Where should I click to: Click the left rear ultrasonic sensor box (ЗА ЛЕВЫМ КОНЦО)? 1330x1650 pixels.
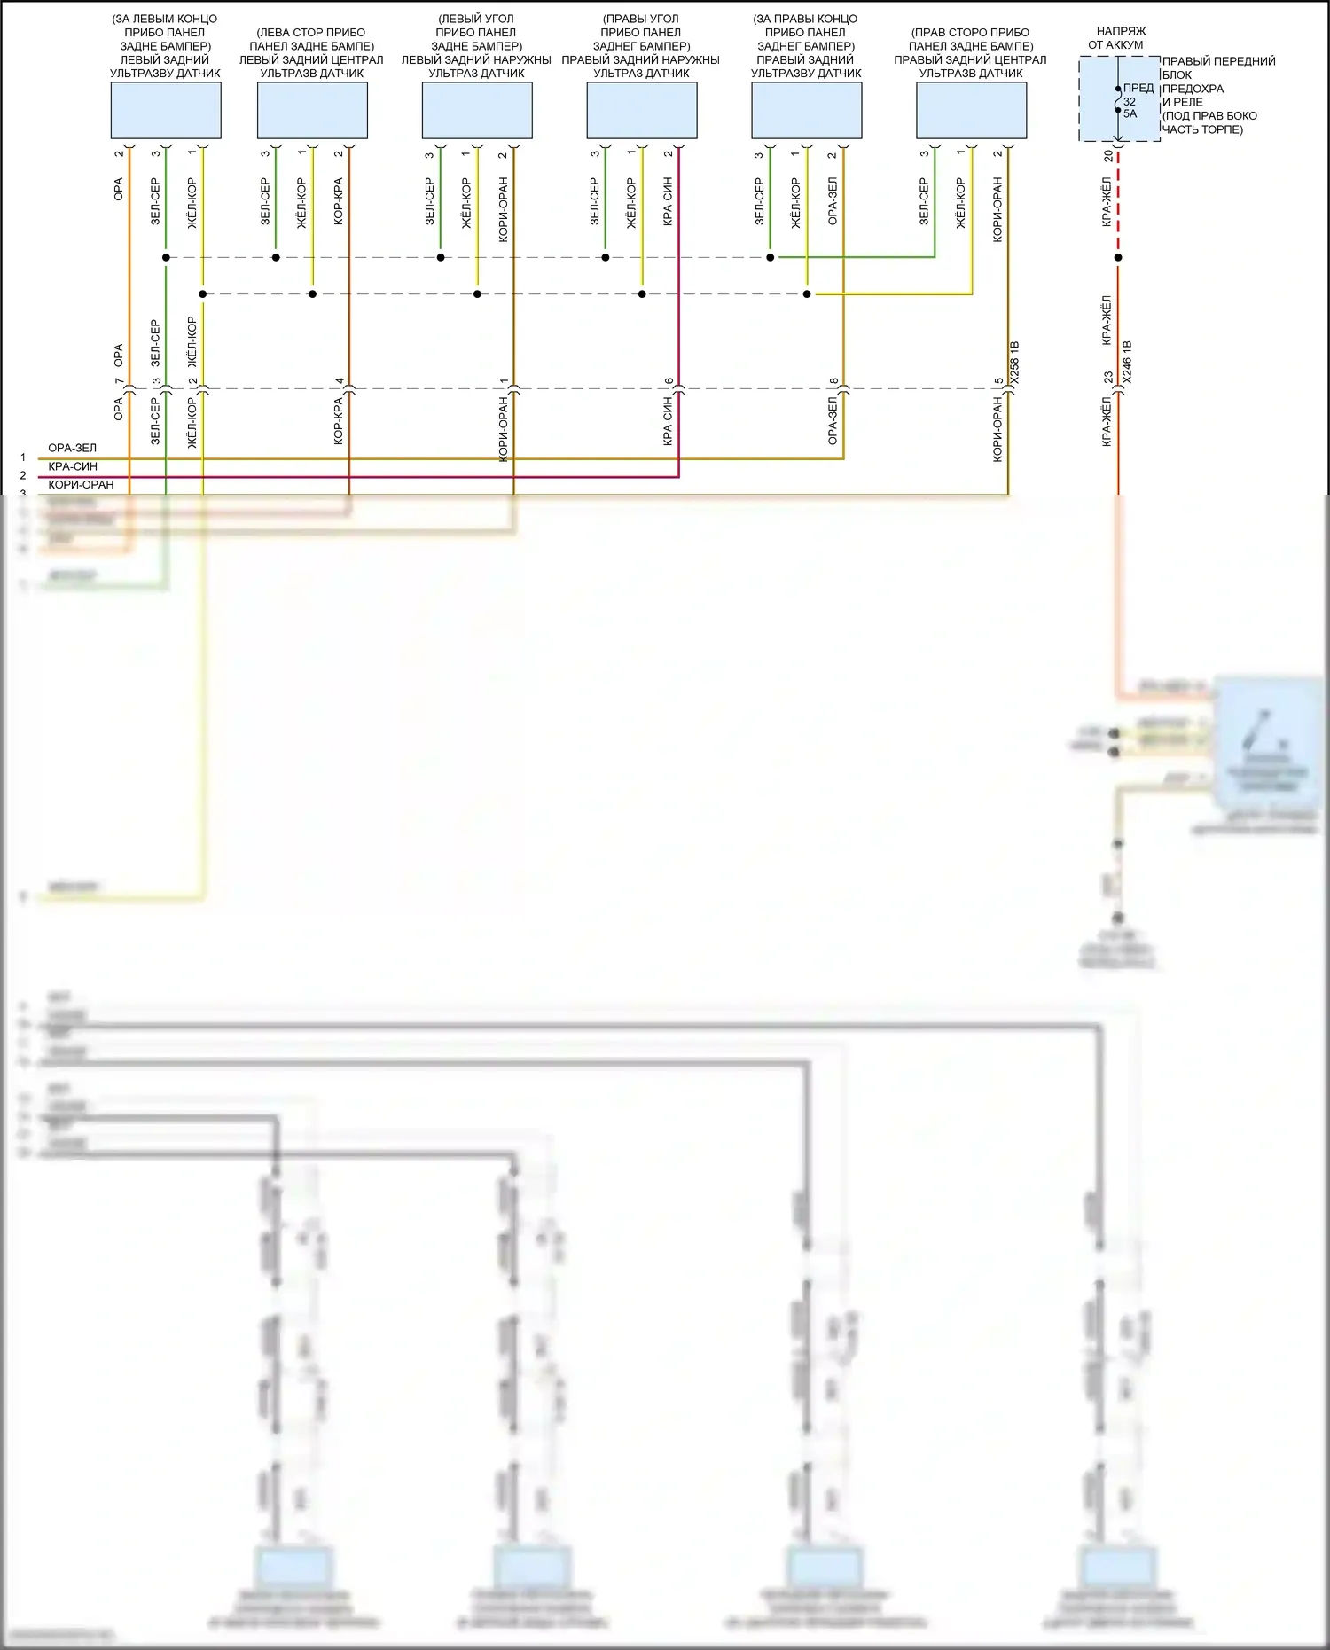tap(166, 110)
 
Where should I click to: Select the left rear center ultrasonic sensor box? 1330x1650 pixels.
tap(312, 110)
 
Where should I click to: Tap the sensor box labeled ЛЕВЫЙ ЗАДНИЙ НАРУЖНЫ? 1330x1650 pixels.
tap(477, 110)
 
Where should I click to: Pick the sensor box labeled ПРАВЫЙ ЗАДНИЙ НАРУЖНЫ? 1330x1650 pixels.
tap(642, 110)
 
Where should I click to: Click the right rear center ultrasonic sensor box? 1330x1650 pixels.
tap(971, 110)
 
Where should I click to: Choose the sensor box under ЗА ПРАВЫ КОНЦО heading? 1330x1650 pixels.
tap(806, 110)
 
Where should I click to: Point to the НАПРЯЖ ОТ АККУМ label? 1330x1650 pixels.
tap(1117, 37)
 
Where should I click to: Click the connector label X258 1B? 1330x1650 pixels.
tap(1015, 362)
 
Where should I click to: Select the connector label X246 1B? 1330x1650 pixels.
tap(1127, 362)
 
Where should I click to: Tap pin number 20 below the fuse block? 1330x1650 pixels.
tap(1108, 155)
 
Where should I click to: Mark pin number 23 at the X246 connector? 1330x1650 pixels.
tap(1108, 377)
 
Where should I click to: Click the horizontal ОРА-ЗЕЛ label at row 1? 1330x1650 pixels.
tap(73, 448)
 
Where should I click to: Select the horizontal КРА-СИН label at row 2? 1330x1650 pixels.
tap(73, 466)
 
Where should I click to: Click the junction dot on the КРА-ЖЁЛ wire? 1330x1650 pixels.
tap(1118, 258)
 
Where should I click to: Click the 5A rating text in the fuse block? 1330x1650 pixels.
tap(1130, 113)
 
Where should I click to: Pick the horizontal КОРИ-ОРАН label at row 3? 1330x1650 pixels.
tap(81, 485)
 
